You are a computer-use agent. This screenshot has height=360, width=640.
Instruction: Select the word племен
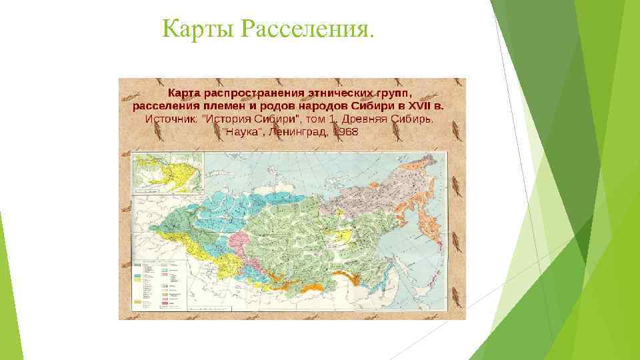221,105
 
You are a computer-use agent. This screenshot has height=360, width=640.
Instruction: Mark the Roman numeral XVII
418,105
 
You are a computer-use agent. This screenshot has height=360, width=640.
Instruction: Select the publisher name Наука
241,131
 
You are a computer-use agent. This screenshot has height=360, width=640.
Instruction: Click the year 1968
345,131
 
